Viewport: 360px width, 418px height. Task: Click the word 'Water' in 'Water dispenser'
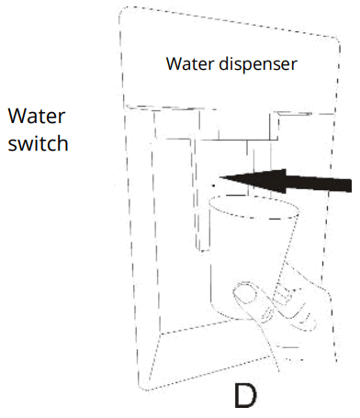[186, 65]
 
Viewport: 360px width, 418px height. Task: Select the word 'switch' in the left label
[38, 145]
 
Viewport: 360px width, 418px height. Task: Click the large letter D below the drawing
[244, 396]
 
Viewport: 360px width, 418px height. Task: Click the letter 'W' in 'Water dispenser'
[172, 65]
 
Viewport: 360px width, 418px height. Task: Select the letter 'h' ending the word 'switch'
[64, 145]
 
